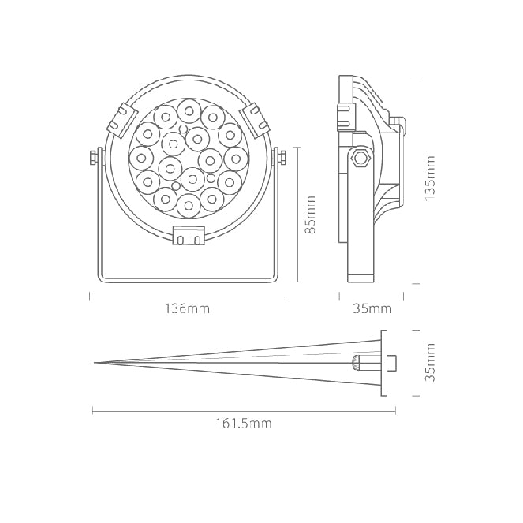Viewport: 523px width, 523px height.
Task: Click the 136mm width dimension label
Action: pos(188,309)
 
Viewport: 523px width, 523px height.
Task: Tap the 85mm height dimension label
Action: pos(310,215)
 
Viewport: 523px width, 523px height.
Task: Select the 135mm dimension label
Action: pos(430,177)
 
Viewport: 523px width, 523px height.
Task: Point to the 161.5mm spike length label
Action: pos(244,424)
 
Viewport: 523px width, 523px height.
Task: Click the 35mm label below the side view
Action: pos(372,309)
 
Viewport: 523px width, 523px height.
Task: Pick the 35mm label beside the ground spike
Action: pos(430,362)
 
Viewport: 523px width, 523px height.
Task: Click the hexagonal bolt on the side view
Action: pos(360,158)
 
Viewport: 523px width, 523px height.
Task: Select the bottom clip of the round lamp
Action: pos(189,235)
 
